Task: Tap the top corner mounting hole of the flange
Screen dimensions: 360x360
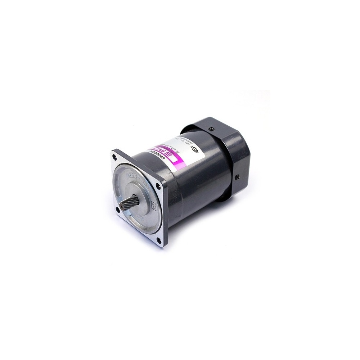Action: [114, 157]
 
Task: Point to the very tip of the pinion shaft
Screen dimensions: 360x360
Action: [121, 205]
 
